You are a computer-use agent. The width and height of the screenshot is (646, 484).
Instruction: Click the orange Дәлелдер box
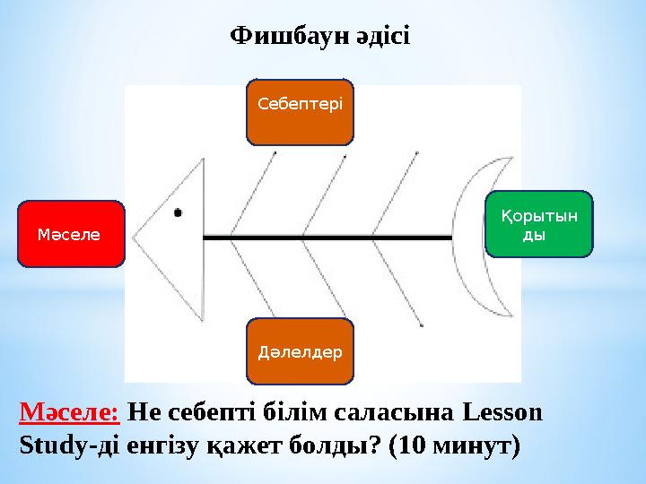click(300, 350)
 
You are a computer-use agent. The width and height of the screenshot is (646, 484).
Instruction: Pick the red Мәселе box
click(70, 234)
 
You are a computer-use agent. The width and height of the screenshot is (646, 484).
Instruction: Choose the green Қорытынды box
click(539, 224)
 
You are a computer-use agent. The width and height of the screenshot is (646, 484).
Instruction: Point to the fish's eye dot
click(178, 212)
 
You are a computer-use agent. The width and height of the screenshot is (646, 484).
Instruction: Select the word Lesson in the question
click(503, 413)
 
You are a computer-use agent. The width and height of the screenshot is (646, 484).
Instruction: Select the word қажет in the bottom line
click(239, 445)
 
